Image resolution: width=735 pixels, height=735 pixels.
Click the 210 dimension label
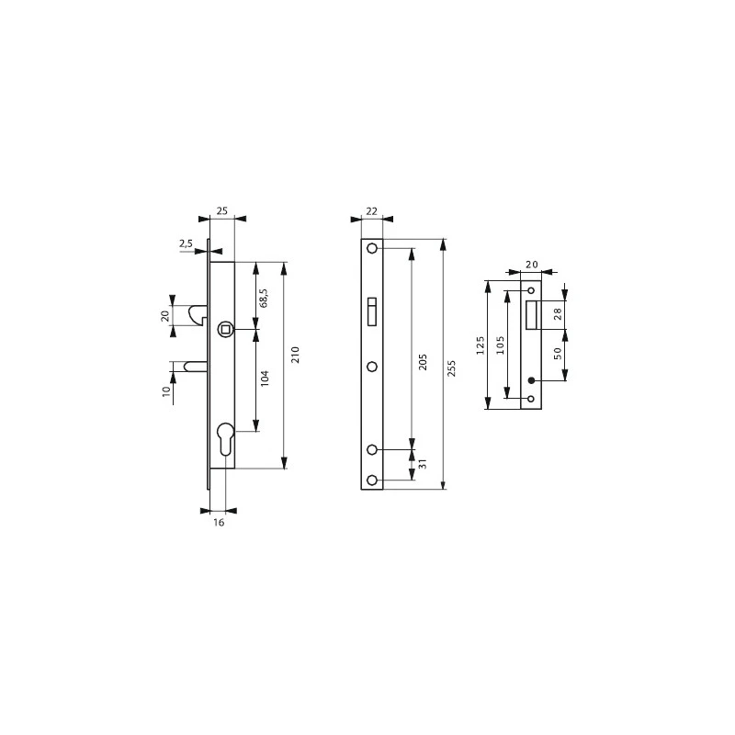[x=296, y=356]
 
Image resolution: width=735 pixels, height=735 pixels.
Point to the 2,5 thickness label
[x=186, y=243]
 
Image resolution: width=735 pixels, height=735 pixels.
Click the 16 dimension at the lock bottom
[x=219, y=522]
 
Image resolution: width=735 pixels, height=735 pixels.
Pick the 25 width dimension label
[x=221, y=210]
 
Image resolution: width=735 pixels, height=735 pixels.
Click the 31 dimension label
[x=423, y=466]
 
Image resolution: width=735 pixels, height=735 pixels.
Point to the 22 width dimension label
[x=371, y=210]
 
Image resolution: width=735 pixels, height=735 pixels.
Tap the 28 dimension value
[x=557, y=315]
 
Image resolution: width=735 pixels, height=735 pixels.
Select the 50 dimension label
[x=557, y=355]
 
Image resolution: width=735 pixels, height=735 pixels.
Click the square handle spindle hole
[x=224, y=329]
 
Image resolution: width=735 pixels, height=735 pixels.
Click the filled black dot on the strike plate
[x=531, y=380]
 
